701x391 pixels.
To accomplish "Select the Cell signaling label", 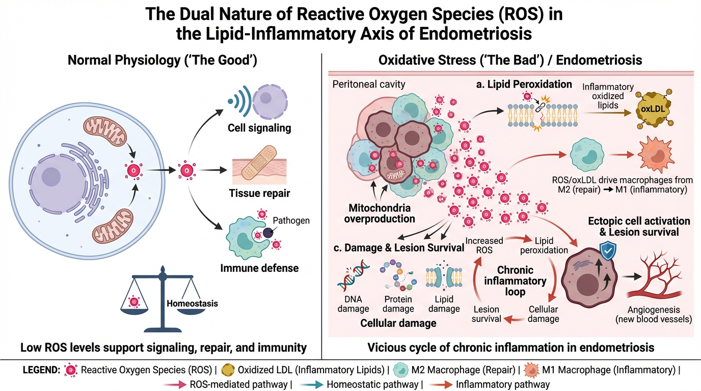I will (x=259, y=128).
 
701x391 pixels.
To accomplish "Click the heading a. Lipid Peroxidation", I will (x=523, y=85).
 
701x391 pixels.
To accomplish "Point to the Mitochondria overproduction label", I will (x=379, y=214).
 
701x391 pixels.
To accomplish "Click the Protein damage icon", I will (x=398, y=277).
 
